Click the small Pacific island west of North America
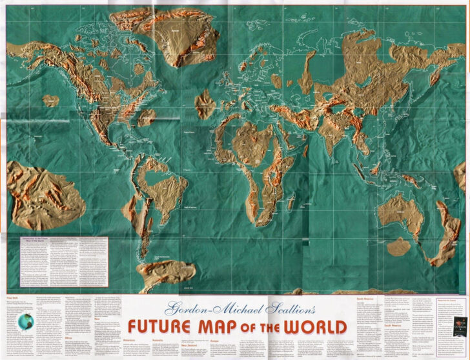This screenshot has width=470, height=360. click(50, 101)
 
